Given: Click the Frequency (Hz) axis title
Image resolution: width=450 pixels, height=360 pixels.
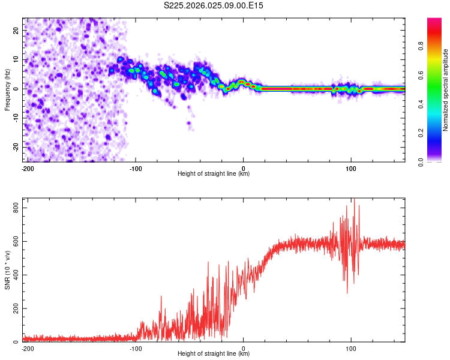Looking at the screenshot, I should point(8,89).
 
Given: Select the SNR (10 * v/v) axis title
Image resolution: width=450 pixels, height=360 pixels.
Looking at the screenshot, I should point(8,270).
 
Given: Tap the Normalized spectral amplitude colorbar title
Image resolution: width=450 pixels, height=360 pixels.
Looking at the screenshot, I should point(446,90).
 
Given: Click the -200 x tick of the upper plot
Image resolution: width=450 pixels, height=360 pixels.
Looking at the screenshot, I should point(26,168).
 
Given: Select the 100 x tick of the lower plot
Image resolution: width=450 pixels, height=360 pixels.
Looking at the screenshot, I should point(352,348).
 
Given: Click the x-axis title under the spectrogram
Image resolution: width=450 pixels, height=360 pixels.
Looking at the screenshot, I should point(214,174).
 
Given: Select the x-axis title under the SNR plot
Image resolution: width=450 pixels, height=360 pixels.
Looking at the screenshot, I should point(214,354).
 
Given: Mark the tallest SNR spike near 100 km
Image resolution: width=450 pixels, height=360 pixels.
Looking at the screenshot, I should point(354,200).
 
